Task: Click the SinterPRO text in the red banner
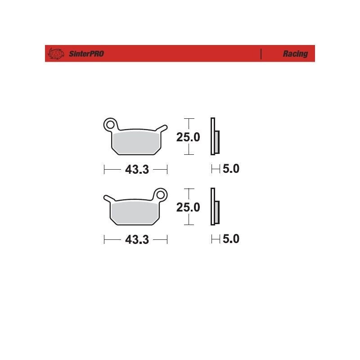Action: coord(86,54)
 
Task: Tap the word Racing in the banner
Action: coord(295,54)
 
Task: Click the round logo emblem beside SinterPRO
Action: coord(56,54)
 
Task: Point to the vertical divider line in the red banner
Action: coord(261,54)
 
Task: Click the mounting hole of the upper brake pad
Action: coord(110,125)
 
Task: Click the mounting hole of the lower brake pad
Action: coord(161,195)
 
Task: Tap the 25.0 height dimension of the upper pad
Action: coord(188,137)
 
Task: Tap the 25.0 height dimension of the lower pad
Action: coord(188,207)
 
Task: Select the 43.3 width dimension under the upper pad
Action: coord(137,170)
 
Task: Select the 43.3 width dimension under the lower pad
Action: coord(137,240)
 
